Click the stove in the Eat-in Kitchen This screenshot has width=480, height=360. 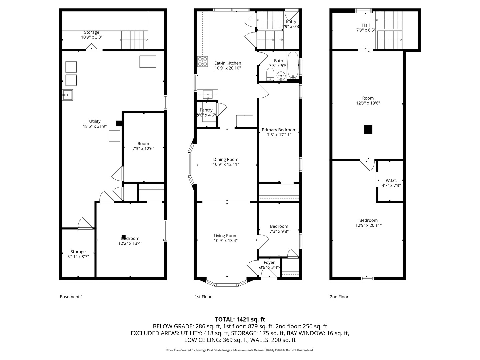202,61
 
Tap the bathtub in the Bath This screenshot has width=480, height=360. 293,65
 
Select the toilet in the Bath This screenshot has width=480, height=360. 270,74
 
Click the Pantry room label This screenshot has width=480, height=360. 206,110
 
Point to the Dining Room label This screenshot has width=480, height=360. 226,159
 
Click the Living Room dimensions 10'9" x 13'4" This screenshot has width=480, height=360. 226,241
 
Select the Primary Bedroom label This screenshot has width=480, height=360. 279,130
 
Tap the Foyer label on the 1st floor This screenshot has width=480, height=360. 269,262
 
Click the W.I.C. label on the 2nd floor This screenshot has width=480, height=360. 391,180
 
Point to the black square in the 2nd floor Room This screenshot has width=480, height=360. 368,129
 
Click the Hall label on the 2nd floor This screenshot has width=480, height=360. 366,25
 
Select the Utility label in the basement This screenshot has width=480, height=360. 95,121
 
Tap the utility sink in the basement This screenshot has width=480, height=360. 67,95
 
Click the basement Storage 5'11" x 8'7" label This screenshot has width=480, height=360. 78,252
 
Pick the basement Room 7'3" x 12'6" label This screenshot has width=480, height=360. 143,144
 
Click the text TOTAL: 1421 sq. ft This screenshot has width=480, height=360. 240,319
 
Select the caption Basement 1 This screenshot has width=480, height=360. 71,297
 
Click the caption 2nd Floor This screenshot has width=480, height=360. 339,297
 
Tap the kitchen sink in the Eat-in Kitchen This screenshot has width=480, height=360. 208,94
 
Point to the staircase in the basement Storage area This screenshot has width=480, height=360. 134,40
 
